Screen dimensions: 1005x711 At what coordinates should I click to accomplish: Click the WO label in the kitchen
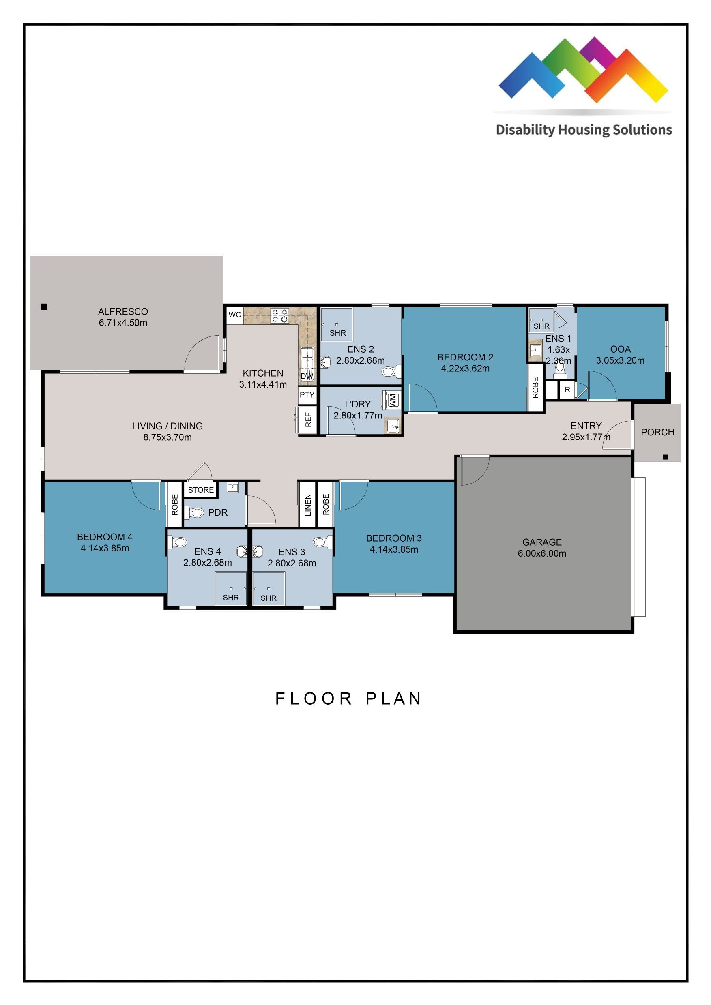pos(235,314)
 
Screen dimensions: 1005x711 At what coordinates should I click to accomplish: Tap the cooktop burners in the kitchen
pos(279,315)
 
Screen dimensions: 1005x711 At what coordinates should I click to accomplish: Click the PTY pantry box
pos(307,395)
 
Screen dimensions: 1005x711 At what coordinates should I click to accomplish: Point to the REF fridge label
pos(308,419)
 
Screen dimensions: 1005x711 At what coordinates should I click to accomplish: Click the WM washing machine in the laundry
pos(392,400)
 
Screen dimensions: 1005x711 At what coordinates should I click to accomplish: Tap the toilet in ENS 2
pos(389,372)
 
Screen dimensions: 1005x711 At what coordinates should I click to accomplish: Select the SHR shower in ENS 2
pos(337,325)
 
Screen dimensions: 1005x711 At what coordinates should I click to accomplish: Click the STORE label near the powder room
pos(200,490)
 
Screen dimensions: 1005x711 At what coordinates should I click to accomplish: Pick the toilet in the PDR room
pos(195,512)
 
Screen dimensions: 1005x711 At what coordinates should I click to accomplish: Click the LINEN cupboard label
pos(308,505)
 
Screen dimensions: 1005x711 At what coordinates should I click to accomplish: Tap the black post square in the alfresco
pos(44,306)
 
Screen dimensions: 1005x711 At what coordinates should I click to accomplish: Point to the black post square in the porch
pos(666,457)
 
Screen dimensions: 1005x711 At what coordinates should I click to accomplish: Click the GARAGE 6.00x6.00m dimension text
pos(542,553)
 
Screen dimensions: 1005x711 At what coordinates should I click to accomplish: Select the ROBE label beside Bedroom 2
pos(535,388)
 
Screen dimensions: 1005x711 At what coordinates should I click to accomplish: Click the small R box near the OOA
pos(567,390)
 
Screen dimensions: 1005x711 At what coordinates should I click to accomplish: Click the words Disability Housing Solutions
pos(584,130)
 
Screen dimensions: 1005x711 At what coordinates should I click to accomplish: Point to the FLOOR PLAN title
pos(348,698)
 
